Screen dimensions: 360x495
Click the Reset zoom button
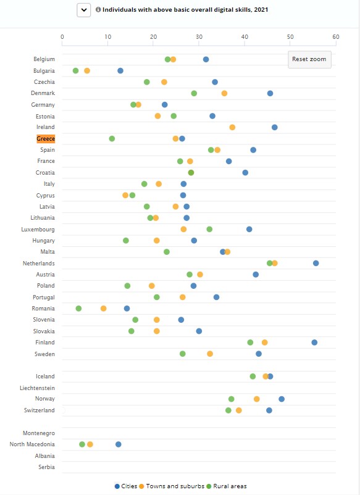pyautogui.click(x=309, y=59)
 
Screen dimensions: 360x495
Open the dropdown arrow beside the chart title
pyautogui.click(x=84, y=10)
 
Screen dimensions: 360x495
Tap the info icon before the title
pyautogui.click(x=98, y=9)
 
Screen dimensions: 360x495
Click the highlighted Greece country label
pyautogui.click(x=46, y=139)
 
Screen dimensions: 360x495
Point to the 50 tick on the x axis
pyautogui.click(x=290, y=36)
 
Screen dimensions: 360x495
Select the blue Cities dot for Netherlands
pyautogui.click(x=316, y=264)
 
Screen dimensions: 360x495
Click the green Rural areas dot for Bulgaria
pyautogui.click(x=75, y=71)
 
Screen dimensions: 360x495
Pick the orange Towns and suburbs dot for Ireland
pyautogui.click(x=232, y=127)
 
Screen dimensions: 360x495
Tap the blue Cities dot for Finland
pyautogui.click(x=314, y=343)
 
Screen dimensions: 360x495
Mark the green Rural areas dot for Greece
pyautogui.click(x=112, y=139)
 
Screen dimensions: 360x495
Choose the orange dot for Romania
pyautogui.click(x=104, y=309)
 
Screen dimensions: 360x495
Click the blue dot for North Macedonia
pyautogui.click(x=119, y=444)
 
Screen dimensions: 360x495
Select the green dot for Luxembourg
pyautogui.click(x=209, y=229)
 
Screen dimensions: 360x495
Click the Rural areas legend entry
pyautogui.click(x=227, y=486)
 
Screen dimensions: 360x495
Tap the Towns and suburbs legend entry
pyautogui.click(x=172, y=486)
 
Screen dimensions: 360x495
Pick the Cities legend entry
pyautogui.click(x=126, y=486)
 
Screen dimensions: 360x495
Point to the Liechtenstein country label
pyautogui.click(x=37, y=388)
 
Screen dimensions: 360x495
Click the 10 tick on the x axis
pyautogui.click(x=107, y=36)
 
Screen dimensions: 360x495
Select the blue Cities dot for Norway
pyautogui.click(x=282, y=399)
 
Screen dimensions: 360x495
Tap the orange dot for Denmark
pyautogui.click(x=224, y=93)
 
